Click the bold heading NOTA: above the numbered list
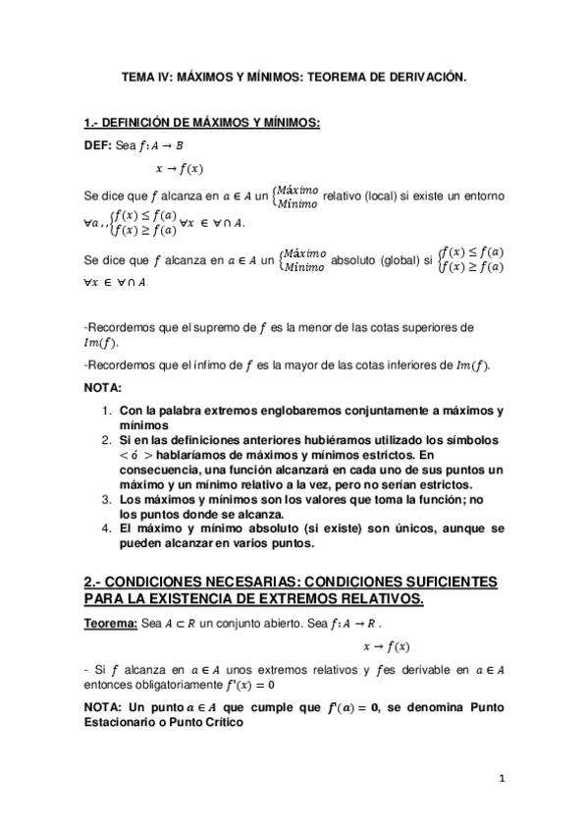tap(104, 387)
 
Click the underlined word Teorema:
tap(111, 624)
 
